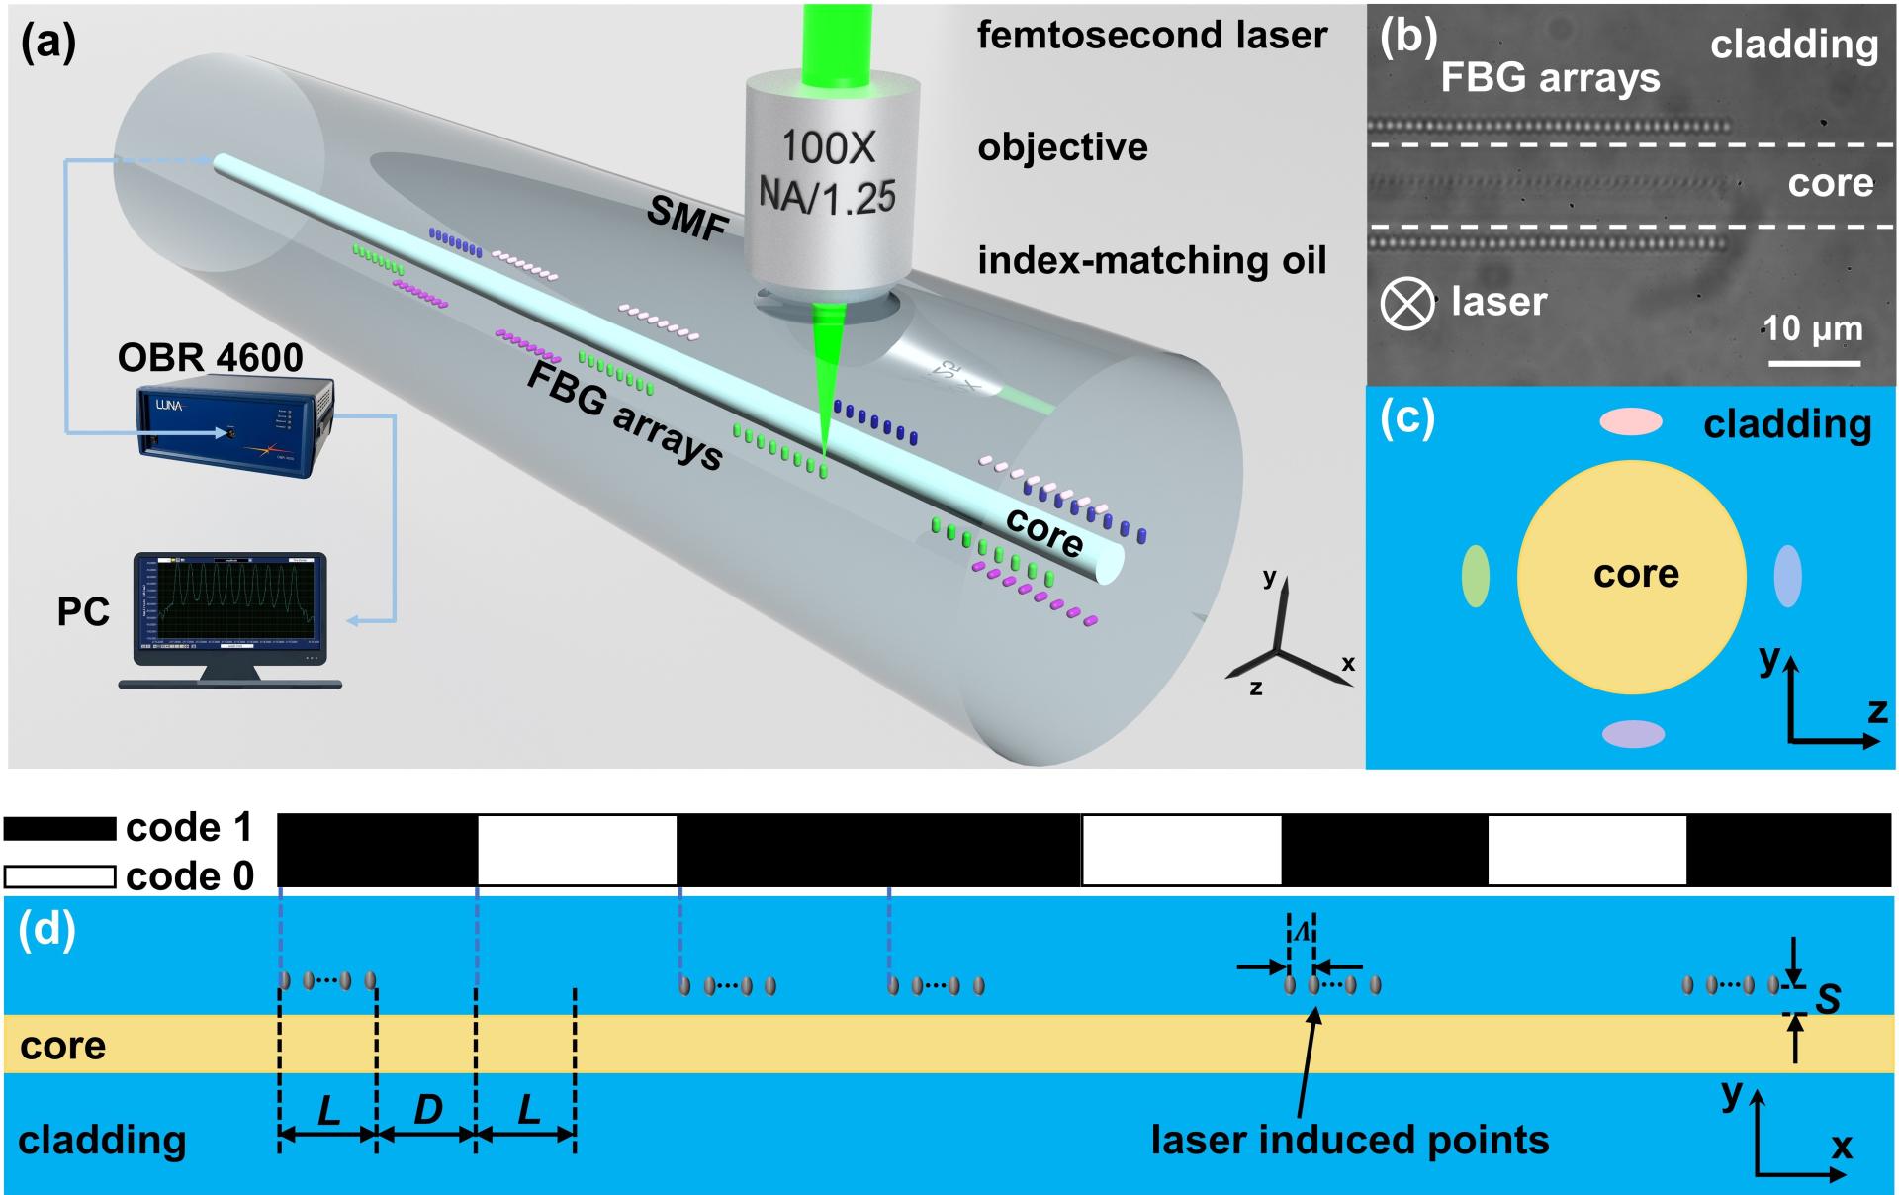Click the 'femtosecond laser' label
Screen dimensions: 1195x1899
pyautogui.click(x=1152, y=36)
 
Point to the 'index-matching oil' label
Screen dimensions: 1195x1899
pyautogui.click(x=1152, y=261)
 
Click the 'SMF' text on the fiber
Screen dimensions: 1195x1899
pyautogui.click(x=686, y=219)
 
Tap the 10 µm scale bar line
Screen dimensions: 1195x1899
pyautogui.click(x=1815, y=363)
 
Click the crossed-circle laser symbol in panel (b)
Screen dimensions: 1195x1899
pyautogui.click(x=1406, y=304)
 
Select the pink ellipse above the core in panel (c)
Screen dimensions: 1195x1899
pyautogui.click(x=1631, y=422)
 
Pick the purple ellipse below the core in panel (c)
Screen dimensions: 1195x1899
pyautogui.click(x=1633, y=733)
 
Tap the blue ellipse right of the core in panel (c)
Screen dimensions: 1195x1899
pyautogui.click(x=1787, y=575)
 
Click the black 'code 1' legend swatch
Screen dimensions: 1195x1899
pyautogui.click(x=60, y=828)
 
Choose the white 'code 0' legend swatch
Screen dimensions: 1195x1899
pyautogui.click(x=60, y=876)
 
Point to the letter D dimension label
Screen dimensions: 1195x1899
pyautogui.click(x=427, y=1110)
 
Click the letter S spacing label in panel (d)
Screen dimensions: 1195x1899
pyautogui.click(x=1828, y=999)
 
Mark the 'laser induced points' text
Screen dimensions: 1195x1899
pyautogui.click(x=1349, y=1141)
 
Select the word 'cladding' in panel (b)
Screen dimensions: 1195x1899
pyautogui.click(x=1794, y=45)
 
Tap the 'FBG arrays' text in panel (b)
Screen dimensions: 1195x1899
pyautogui.click(x=1550, y=77)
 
